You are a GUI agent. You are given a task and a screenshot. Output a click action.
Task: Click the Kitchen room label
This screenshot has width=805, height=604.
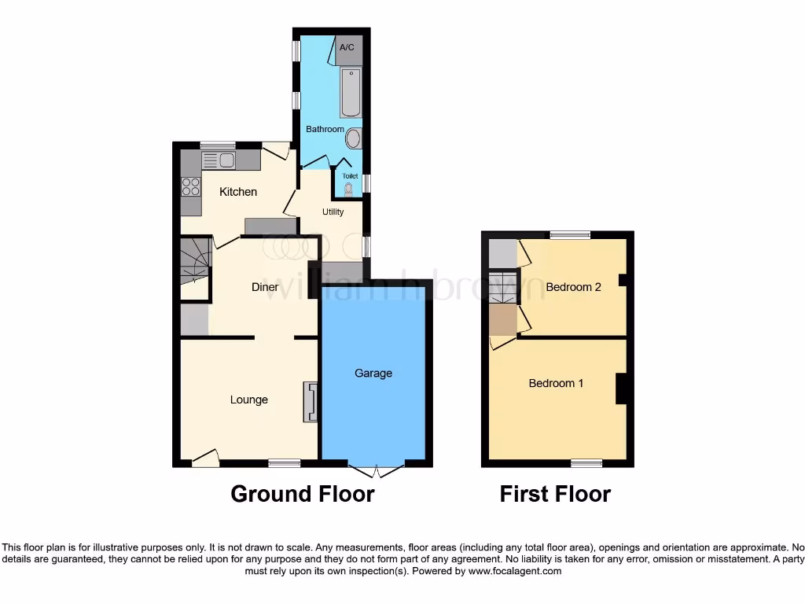click(238, 192)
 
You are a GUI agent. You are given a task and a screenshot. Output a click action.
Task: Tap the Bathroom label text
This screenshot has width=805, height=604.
click(325, 129)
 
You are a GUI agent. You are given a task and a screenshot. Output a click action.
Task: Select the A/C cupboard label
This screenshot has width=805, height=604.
click(347, 48)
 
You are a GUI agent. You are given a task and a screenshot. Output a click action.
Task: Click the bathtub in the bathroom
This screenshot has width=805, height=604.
click(351, 92)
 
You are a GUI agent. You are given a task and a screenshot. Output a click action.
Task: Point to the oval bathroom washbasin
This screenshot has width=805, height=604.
click(354, 139)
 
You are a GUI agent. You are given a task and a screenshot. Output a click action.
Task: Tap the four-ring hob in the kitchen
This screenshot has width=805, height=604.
click(191, 186)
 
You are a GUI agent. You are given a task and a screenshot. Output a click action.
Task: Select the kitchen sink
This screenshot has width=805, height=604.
click(219, 161)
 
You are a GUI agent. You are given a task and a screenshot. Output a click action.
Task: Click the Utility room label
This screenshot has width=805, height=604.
click(333, 212)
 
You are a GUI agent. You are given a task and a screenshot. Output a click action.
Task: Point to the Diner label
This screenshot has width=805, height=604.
click(265, 287)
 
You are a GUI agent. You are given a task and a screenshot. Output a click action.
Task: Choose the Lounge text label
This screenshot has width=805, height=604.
click(249, 400)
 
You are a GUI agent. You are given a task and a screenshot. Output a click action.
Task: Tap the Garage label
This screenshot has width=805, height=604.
click(373, 373)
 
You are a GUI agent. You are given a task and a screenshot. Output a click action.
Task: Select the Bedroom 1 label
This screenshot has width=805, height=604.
click(556, 383)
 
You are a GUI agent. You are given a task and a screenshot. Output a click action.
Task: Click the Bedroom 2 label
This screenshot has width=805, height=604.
click(573, 287)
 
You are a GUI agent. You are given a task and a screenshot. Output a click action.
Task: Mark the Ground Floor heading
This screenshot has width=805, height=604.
click(302, 494)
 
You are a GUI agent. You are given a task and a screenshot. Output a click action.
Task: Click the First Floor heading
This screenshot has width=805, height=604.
click(555, 494)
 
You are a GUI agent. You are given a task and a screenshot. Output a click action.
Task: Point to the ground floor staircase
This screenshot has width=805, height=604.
click(194, 263)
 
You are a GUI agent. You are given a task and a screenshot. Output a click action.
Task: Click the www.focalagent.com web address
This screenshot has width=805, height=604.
click(515, 572)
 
